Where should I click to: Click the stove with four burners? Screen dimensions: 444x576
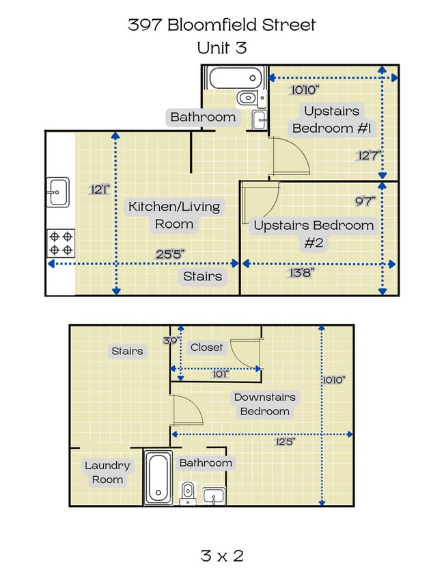[x=61, y=243]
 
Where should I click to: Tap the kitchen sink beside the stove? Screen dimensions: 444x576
[x=57, y=192]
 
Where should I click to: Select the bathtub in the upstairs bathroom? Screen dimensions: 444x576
[x=235, y=77]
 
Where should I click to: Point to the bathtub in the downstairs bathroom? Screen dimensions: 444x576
[x=158, y=477]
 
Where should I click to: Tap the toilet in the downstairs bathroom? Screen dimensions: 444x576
[x=188, y=493]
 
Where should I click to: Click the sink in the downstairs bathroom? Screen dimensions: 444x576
[x=214, y=496]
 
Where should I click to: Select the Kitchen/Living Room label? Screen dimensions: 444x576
[x=174, y=215]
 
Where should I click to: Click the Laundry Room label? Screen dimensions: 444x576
[x=107, y=473]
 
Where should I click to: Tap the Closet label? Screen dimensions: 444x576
[x=206, y=347]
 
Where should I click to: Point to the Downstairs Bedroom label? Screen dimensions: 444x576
[x=264, y=404]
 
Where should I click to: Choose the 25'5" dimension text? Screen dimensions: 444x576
[x=170, y=254]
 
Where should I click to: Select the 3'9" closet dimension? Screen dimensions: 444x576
[x=171, y=341]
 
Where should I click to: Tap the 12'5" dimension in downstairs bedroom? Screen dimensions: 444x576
[x=285, y=441]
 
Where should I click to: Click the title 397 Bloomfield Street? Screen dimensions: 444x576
[x=221, y=25]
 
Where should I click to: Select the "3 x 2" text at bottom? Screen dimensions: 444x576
[x=222, y=555]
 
